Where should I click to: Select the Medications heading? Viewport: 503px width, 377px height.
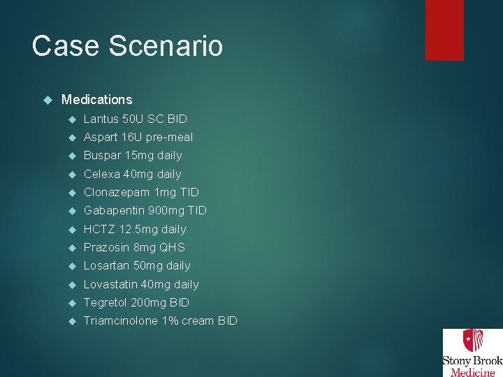(x=96, y=100)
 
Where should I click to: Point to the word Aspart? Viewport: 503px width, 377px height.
(x=100, y=137)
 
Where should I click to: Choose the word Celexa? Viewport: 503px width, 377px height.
(x=101, y=174)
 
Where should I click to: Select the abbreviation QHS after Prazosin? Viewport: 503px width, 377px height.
(x=173, y=247)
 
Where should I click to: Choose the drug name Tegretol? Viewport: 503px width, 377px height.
(x=105, y=302)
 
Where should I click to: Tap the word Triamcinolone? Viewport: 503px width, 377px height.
(x=120, y=320)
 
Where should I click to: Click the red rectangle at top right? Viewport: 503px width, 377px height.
(x=444, y=30)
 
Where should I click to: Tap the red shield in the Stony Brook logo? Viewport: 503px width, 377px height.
(x=472, y=341)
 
